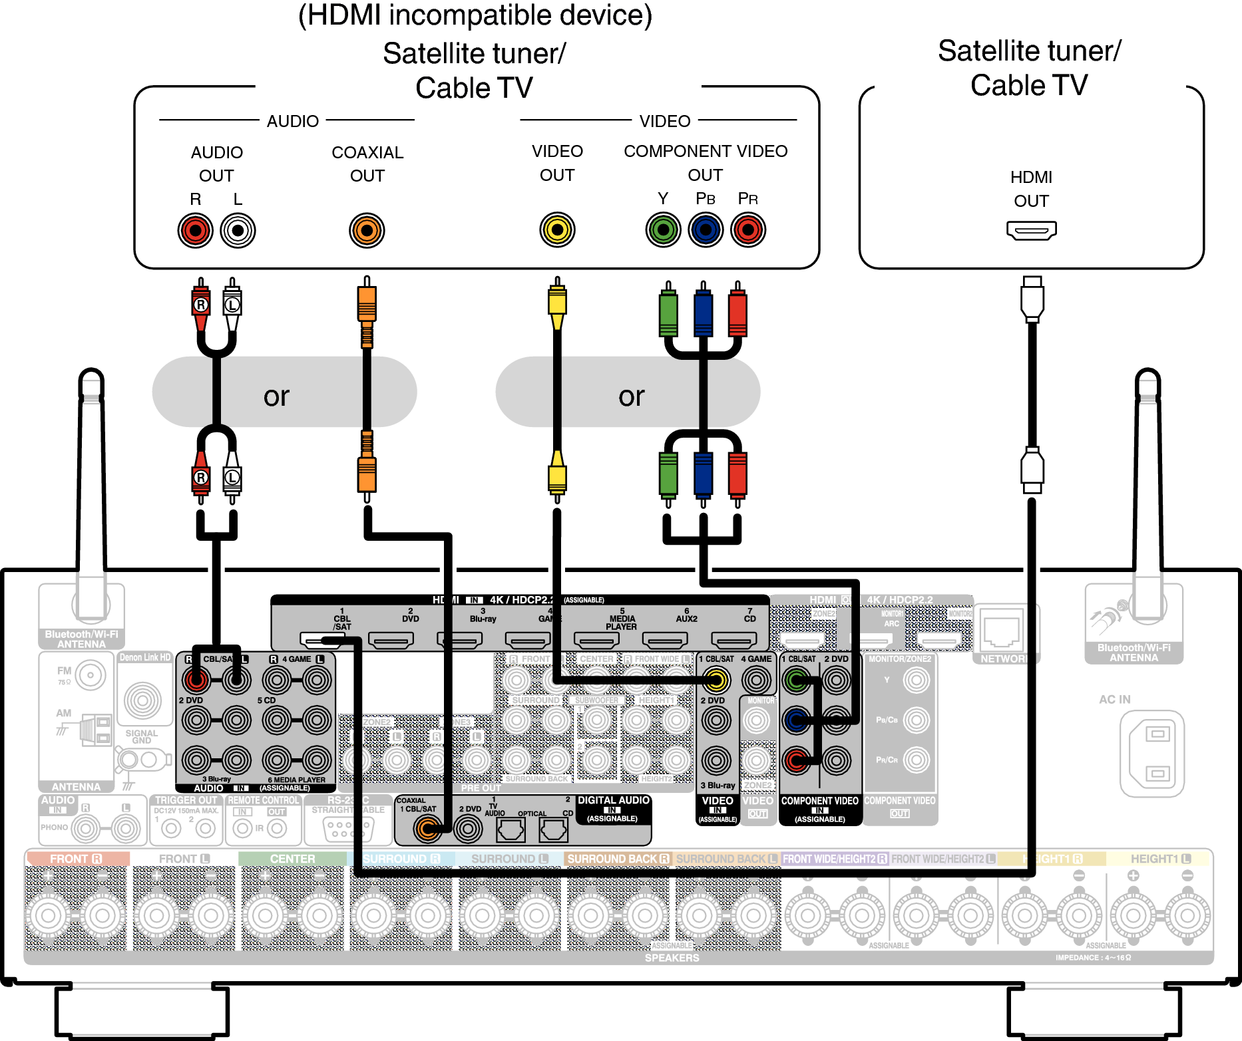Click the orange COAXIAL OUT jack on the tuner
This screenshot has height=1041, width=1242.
[367, 231]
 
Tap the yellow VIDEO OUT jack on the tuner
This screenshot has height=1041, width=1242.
[557, 230]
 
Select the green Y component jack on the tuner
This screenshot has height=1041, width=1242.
[663, 230]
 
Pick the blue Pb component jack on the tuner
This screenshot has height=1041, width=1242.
[706, 230]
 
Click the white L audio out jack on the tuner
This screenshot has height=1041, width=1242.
[238, 231]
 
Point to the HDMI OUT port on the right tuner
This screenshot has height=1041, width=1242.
[1031, 231]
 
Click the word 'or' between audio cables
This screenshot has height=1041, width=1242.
[276, 396]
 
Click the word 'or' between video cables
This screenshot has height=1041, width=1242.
[631, 396]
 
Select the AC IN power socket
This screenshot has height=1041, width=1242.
[1157, 753]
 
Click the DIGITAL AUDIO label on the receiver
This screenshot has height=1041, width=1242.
[613, 800]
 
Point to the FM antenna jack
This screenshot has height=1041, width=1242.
[91, 676]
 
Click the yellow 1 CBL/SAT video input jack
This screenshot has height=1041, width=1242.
[716, 680]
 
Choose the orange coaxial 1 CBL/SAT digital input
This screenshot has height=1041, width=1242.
[427, 828]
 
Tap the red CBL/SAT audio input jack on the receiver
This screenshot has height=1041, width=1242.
[196, 680]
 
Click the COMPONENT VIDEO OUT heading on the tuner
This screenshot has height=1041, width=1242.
[706, 162]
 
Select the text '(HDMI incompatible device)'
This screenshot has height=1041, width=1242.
[475, 16]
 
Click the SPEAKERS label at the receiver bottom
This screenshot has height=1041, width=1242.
[672, 958]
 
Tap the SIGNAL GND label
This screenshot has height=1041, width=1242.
[142, 736]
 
